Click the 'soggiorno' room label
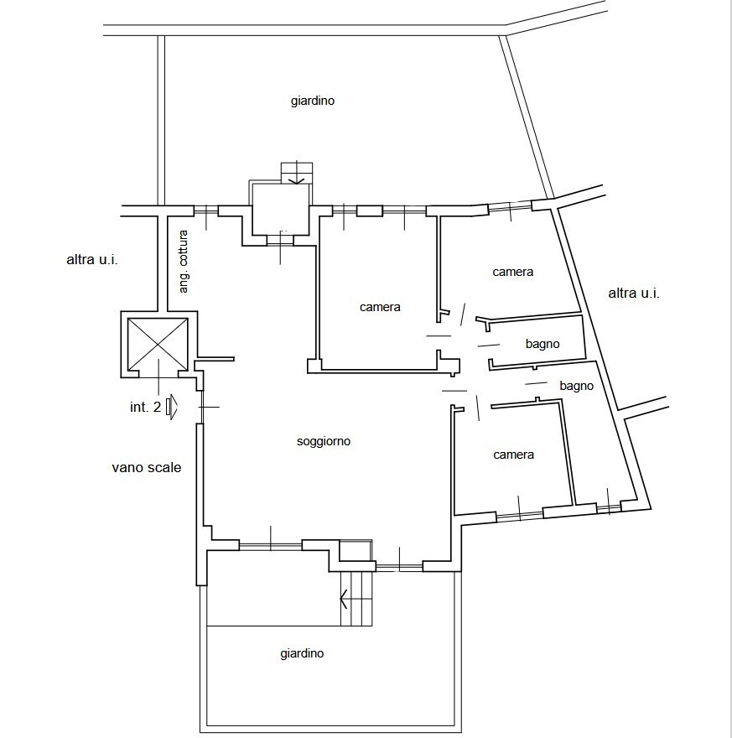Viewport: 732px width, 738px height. (x=324, y=441)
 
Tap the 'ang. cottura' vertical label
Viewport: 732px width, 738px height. (x=184, y=262)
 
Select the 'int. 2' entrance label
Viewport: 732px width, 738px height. (x=145, y=407)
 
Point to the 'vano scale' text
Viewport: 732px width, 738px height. (x=147, y=467)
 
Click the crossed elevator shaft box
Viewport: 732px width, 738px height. (x=158, y=344)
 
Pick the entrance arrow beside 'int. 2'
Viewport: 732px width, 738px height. (x=172, y=407)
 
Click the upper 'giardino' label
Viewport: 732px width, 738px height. (x=313, y=101)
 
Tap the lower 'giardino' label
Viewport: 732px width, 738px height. (x=302, y=654)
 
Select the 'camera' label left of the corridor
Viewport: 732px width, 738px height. (x=380, y=307)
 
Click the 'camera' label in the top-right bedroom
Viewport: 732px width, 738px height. (x=513, y=272)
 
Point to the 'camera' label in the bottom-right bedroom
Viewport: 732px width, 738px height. (x=514, y=455)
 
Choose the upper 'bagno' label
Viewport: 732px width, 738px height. (x=543, y=344)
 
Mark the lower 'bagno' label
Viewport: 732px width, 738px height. (x=576, y=386)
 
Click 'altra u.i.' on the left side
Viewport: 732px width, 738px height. (x=92, y=260)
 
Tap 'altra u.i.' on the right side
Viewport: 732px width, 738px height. (x=634, y=294)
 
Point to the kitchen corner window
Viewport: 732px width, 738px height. (x=206, y=210)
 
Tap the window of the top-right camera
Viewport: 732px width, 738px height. (x=510, y=205)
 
